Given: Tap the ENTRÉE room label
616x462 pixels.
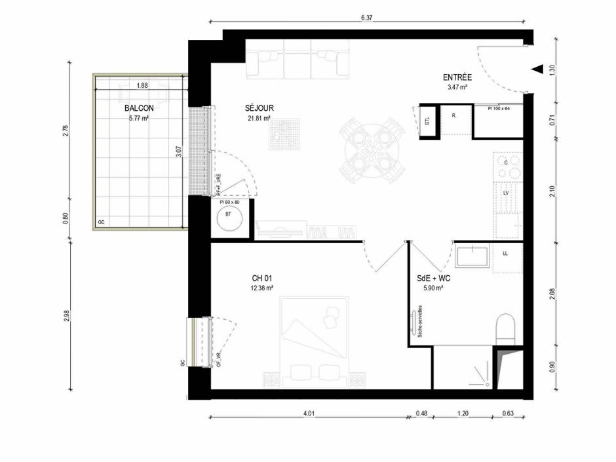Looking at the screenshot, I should click(457, 77).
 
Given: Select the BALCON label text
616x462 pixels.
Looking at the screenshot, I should click(139, 108).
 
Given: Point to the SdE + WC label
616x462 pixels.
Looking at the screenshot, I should click(434, 277).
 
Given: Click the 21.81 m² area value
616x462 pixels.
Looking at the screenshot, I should click(260, 119).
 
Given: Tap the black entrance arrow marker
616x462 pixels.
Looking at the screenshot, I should click(537, 69).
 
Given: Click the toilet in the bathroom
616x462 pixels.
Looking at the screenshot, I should click(507, 327).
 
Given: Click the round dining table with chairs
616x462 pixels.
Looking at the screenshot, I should click(370, 151).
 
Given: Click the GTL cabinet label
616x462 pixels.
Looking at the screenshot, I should click(427, 122).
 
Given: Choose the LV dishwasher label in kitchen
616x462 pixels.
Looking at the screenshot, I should click(506, 193).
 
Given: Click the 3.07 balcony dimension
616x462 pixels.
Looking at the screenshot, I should click(179, 152).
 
